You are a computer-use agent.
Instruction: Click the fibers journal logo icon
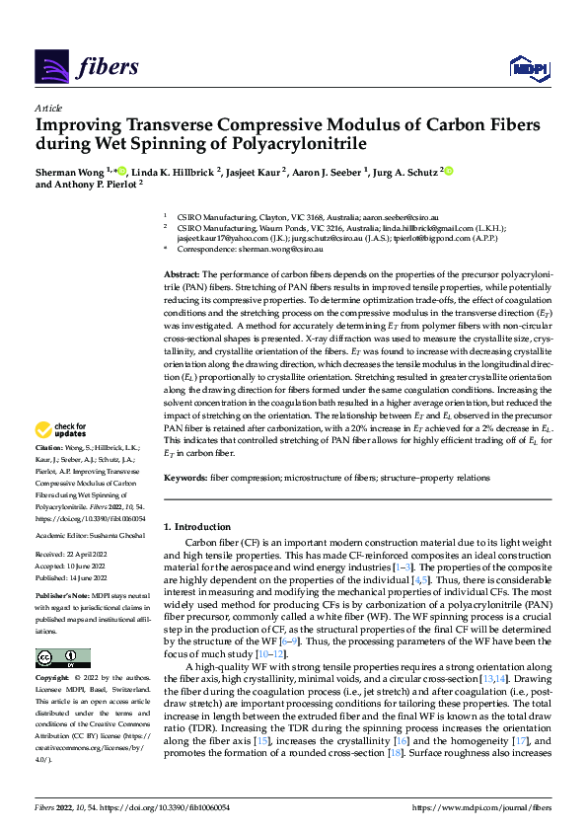click(x=51, y=66)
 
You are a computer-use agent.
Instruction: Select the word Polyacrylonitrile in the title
click(x=304, y=144)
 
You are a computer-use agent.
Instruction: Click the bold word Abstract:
click(x=183, y=273)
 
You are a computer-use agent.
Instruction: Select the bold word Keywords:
click(x=185, y=476)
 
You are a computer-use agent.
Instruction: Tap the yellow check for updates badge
click(x=58, y=430)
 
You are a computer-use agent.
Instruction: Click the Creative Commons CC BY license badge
click(x=63, y=658)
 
